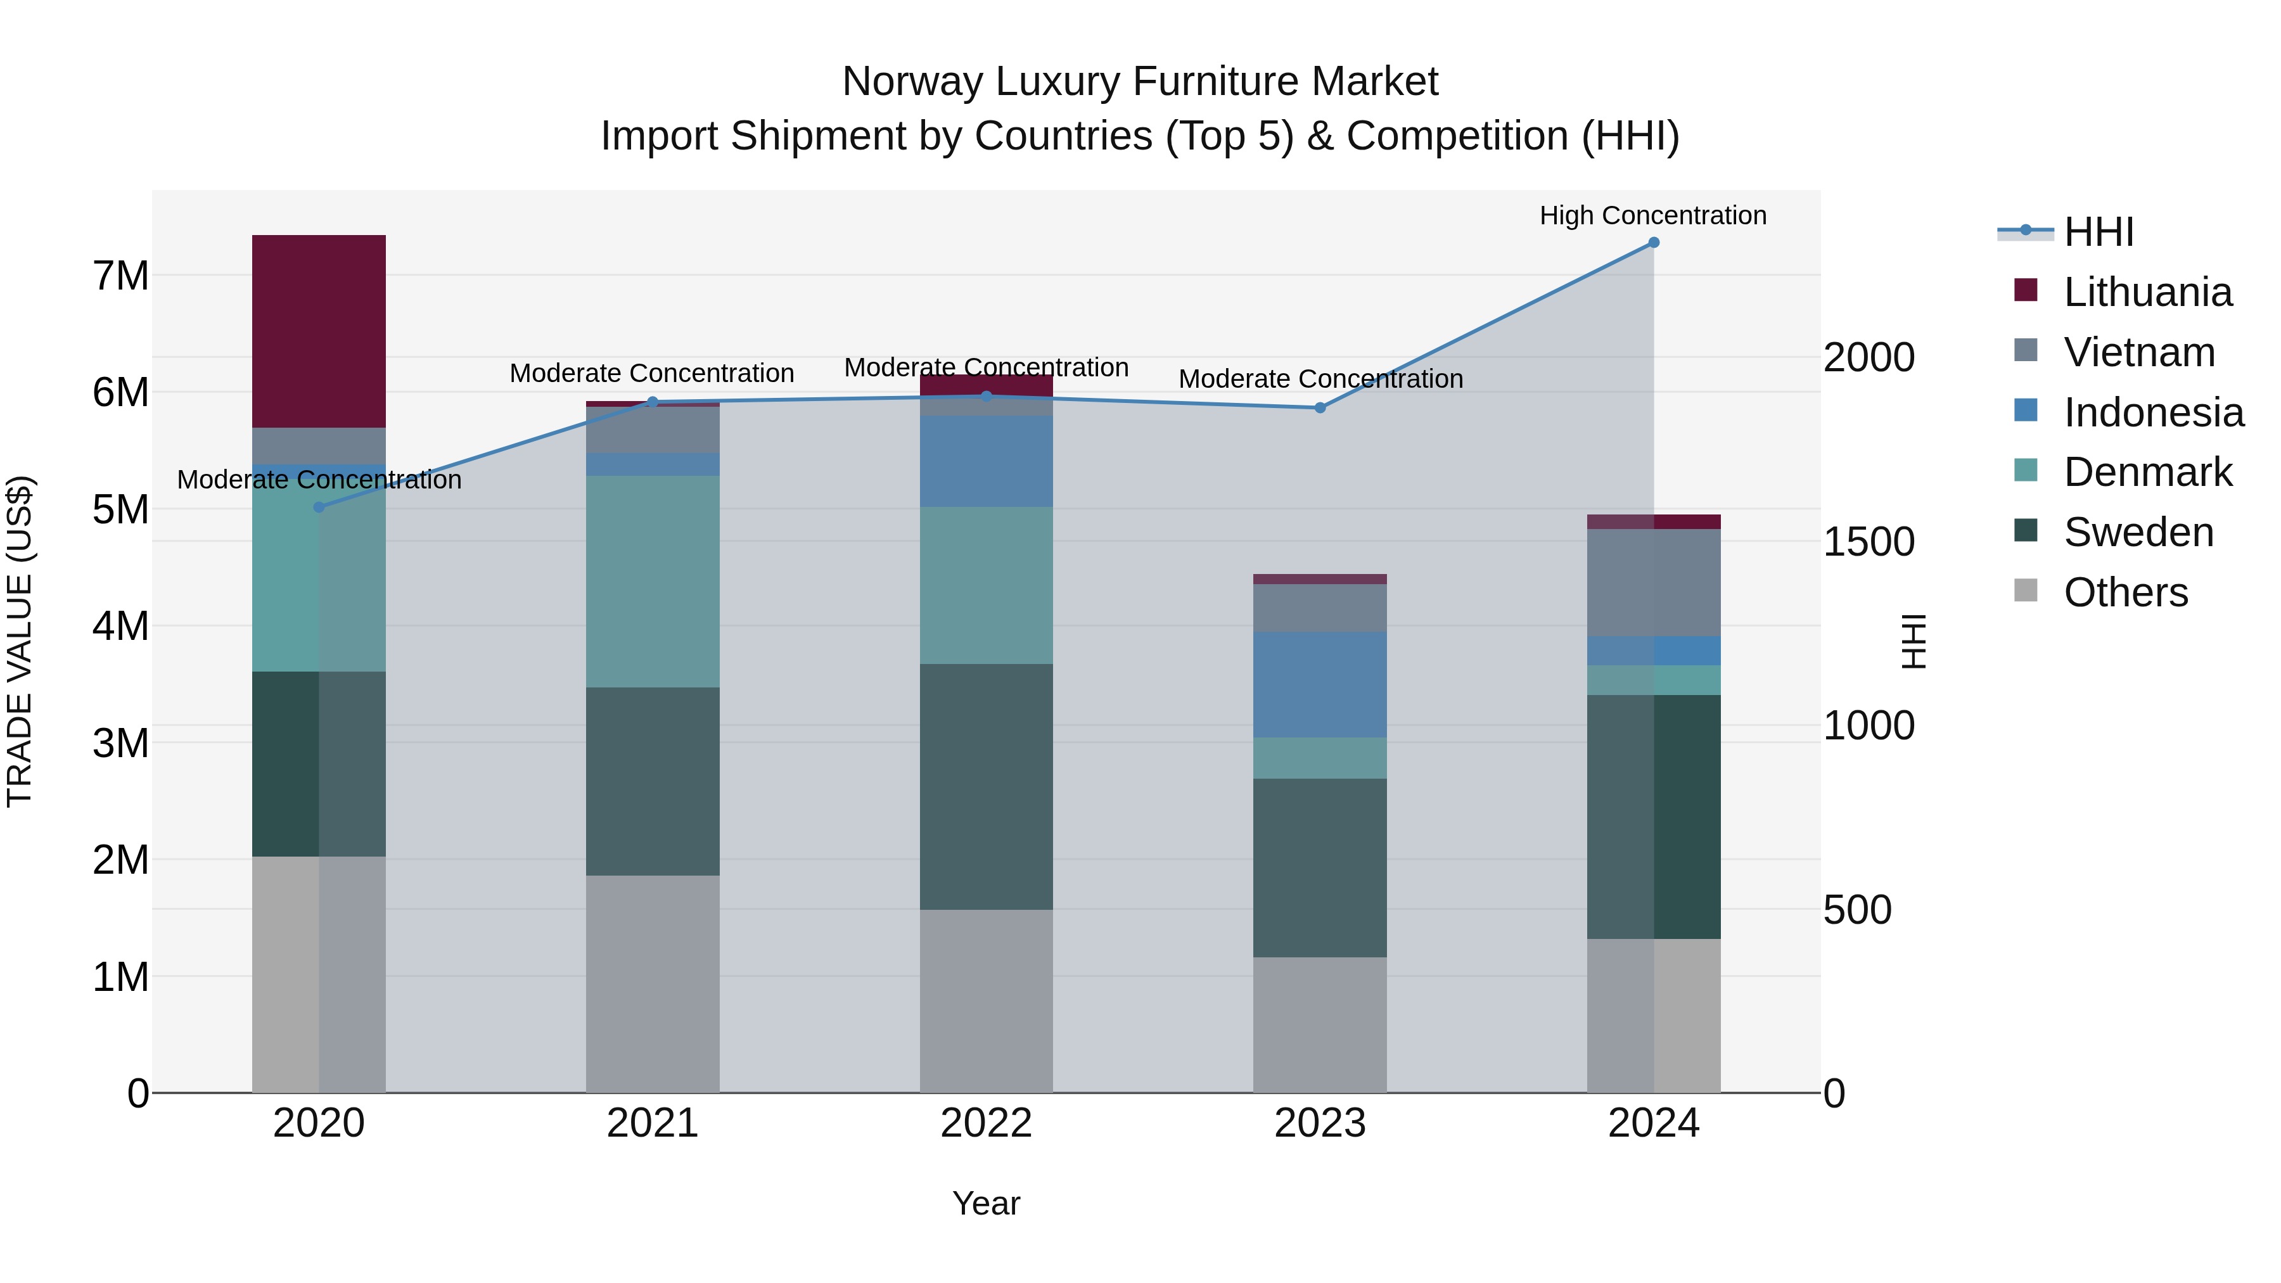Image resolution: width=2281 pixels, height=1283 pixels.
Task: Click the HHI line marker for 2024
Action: [x=1653, y=243]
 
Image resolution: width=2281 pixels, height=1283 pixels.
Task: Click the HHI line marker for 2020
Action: [x=320, y=507]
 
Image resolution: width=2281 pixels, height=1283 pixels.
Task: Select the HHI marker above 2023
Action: [x=1319, y=408]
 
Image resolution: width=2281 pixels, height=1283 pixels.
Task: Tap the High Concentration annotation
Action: [x=1652, y=216]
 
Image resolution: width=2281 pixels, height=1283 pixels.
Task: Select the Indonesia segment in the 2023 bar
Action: [x=1319, y=684]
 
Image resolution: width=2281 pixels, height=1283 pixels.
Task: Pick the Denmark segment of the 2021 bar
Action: [x=653, y=582]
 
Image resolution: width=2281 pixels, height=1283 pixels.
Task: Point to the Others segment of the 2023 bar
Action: [x=1319, y=1024]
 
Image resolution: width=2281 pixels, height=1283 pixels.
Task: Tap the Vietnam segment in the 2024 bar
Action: [x=1653, y=583]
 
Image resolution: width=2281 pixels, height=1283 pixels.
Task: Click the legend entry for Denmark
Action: [x=2147, y=472]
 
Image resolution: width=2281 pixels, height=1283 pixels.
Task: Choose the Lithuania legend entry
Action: [x=2147, y=292]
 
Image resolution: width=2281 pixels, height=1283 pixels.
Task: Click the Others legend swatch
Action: [x=2025, y=590]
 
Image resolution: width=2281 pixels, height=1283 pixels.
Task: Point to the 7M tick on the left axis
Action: [x=120, y=276]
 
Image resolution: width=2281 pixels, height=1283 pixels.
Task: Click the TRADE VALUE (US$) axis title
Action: [x=20, y=641]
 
